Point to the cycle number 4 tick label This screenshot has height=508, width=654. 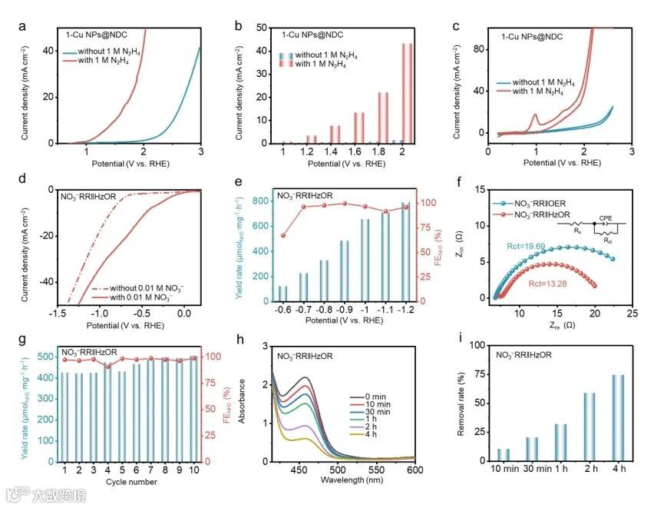click(x=108, y=470)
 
